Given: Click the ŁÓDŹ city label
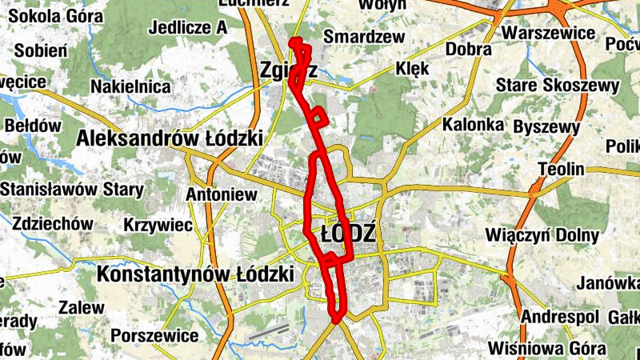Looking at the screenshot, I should pos(347,234).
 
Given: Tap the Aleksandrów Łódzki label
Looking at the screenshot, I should pos(170,138).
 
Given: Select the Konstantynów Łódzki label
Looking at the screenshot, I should pos(195,274).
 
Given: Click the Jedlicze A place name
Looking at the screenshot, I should pos(187,27).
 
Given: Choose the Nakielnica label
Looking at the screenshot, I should pos(130,86).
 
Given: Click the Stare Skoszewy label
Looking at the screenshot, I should pos(558,85).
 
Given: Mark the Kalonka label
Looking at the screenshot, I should pos(473,125).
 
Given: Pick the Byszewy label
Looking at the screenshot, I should pos(546,127).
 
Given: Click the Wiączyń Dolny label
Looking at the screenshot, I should pos(542,235).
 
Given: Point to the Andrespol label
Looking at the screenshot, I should pos(559,316).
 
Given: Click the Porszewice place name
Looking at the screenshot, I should pos(154,334).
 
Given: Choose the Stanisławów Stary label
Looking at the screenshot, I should pos(72,190).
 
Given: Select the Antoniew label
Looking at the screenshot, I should pos(221,194).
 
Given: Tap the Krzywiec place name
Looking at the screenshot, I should pos(158,226).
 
